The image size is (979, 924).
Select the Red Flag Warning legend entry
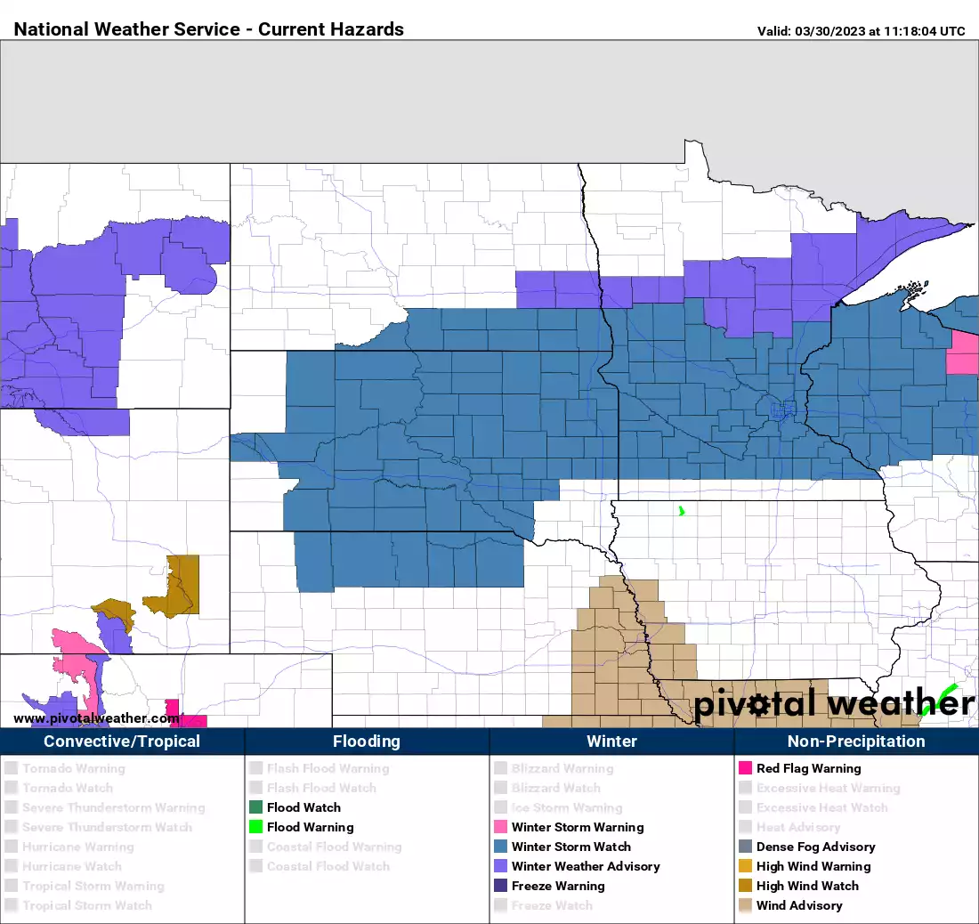808,768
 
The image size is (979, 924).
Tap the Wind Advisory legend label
798,905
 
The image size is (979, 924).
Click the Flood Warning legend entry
310,827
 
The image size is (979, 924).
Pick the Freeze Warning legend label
557,886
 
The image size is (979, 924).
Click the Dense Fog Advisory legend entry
815,847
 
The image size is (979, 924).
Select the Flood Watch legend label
303,807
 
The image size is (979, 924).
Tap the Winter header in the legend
611,741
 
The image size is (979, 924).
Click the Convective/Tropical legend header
122,741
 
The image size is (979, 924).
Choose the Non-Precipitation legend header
855,741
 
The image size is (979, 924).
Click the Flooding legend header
367,741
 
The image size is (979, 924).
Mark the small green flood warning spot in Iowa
681,511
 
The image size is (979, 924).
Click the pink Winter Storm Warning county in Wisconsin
962,353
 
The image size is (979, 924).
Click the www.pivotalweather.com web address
97,718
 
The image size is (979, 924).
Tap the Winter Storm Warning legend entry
577,827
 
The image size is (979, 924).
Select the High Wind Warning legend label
813,866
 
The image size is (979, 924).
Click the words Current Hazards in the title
331,29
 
